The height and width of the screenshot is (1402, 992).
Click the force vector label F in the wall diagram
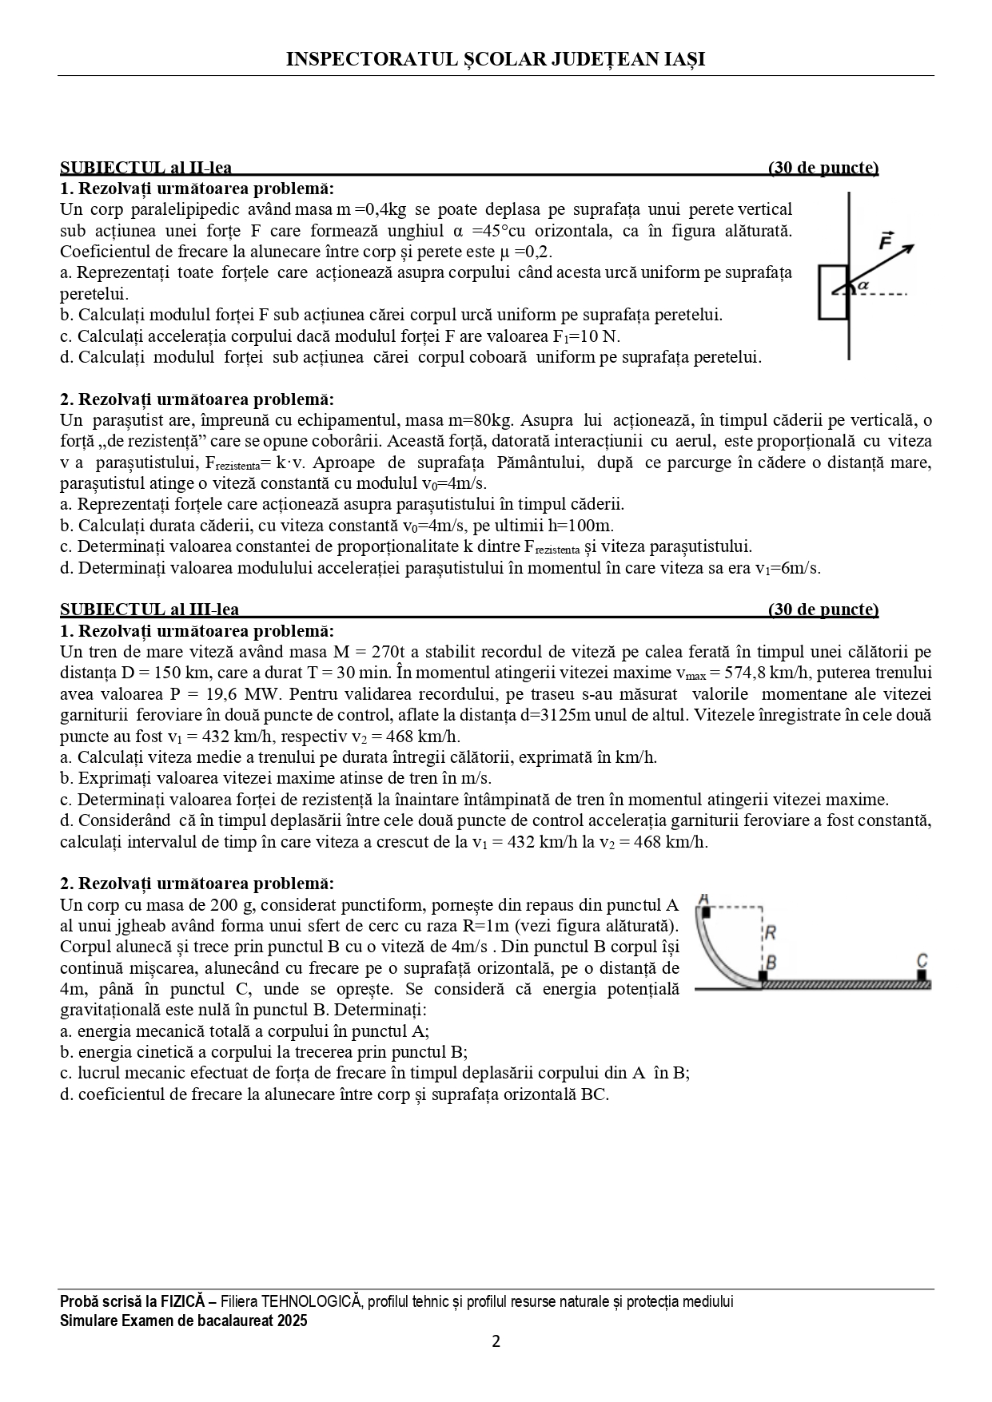pos(885,240)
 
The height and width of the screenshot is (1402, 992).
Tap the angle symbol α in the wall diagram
pos(863,284)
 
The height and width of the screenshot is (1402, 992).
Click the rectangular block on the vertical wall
pos(833,292)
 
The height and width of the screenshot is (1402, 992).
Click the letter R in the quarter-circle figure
pos(771,932)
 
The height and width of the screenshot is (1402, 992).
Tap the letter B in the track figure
pos(771,963)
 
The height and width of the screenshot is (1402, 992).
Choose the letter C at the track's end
pos(922,960)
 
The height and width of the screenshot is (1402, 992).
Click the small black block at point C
pos(922,975)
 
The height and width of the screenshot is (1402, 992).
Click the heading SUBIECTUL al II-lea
pos(146,168)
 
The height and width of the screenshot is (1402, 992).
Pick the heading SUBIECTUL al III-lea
pos(149,610)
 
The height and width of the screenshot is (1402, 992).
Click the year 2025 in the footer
pos(292,1321)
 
